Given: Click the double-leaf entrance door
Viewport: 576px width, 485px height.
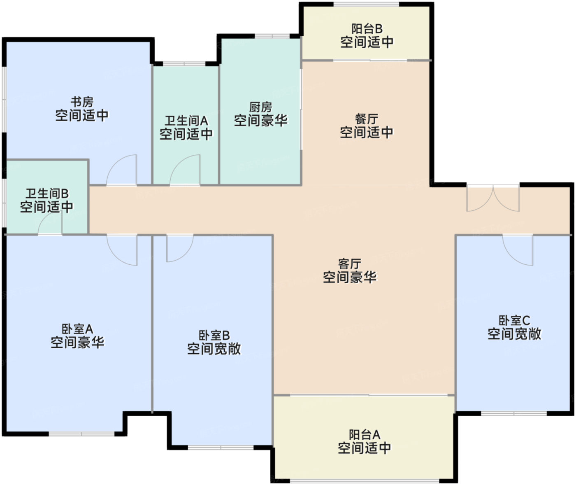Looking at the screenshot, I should pos(493,198).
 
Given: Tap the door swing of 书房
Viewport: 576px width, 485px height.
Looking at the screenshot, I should pos(122,170).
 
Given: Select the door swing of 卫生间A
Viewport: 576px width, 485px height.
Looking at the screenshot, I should pos(186,170).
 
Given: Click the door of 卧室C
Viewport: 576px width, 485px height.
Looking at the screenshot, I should pos(518,249).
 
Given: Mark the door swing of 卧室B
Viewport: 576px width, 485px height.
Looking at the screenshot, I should pos(179,248).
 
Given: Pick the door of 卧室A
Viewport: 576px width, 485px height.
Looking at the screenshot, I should pos(122,249).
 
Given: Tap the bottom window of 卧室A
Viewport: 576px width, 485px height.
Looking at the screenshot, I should pos(81,434).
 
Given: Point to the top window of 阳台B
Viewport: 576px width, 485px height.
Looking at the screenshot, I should pos(366,5).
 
